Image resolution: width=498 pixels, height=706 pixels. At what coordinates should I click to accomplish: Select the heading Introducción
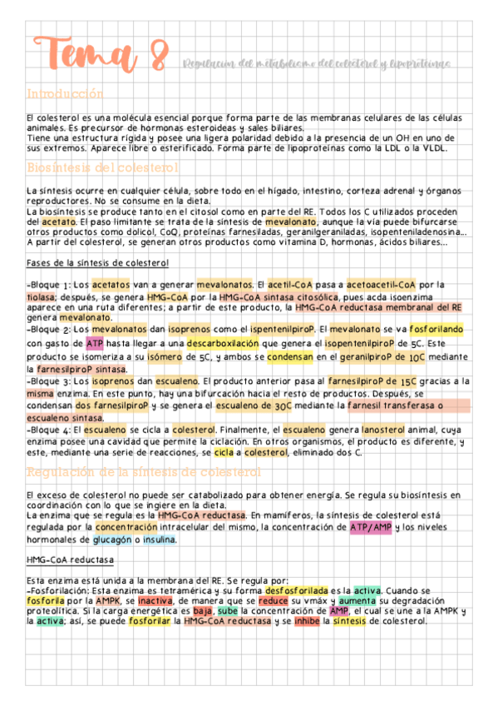click(x=65, y=94)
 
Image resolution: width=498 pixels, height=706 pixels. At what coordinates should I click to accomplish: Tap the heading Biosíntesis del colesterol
click(x=102, y=168)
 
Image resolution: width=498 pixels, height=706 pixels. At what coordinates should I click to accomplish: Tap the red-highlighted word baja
click(x=204, y=612)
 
